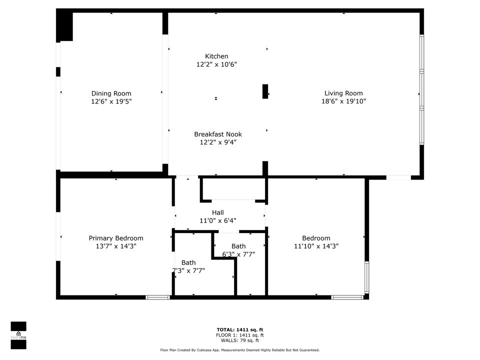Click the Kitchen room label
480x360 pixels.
[x=216, y=56]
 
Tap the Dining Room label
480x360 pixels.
[x=111, y=93]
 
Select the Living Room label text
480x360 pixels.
[x=343, y=93]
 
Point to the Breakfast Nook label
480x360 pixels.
[x=217, y=134]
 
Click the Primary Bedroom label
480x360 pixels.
[x=116, y=238]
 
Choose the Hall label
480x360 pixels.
[x=217, y=212]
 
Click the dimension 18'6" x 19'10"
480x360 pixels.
[x=343, y=101]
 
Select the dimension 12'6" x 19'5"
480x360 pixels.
[x=111, y=101]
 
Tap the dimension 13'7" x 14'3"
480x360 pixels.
[x=116, y=246]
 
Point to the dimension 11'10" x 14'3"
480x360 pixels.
[x=316, y=246]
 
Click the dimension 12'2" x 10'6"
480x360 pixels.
[x=216, y=64]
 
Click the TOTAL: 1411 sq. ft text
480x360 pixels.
[x=239, y=329]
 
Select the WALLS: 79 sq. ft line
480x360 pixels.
[x=239, y=340]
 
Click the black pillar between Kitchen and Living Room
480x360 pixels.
[x=265, y=91]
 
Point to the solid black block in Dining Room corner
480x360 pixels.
[x=64, y=26]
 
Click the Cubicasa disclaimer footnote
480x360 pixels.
[x=239, y=350]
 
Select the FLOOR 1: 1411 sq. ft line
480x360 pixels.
[x=239, y=335]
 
